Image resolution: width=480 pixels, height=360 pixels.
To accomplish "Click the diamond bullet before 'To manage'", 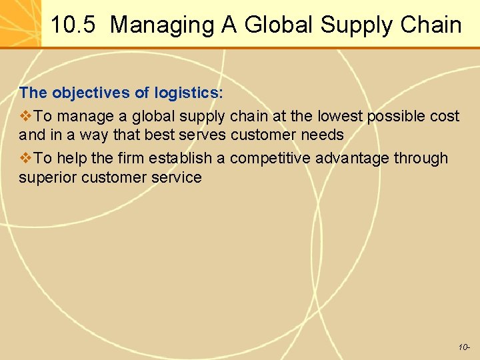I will coord(26,116).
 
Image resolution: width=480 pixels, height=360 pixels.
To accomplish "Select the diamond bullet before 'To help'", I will coord(26,158).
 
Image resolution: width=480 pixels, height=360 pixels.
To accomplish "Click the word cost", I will coord(445,116).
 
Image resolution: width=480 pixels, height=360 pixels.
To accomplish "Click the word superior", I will coord(46,177).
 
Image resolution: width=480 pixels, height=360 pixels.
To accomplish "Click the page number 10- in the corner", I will coord(464,347).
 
